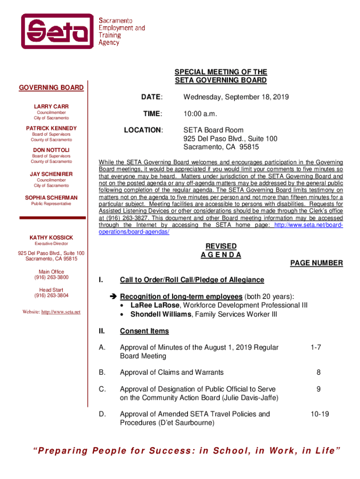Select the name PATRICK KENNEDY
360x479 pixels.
click(51, 128)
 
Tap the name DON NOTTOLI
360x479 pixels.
click(51, 150)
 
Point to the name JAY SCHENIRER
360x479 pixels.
click(51, 174)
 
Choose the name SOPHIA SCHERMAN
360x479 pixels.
click(51, 198)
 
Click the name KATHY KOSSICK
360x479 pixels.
click(51, 238)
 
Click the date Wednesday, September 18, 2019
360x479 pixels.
click(236, 97)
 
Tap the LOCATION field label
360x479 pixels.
click(143, 130)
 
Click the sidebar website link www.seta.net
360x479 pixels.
click(61, 312)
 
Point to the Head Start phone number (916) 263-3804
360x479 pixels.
click(51, 296)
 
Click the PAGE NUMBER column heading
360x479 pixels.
click(317, 263)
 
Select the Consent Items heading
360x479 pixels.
click(144, 331)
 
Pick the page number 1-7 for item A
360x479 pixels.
click(316, 348)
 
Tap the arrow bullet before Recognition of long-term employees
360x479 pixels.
click(113, 297)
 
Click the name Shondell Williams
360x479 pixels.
click(160, 314)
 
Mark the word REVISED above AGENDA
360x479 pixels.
click(221, 247)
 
